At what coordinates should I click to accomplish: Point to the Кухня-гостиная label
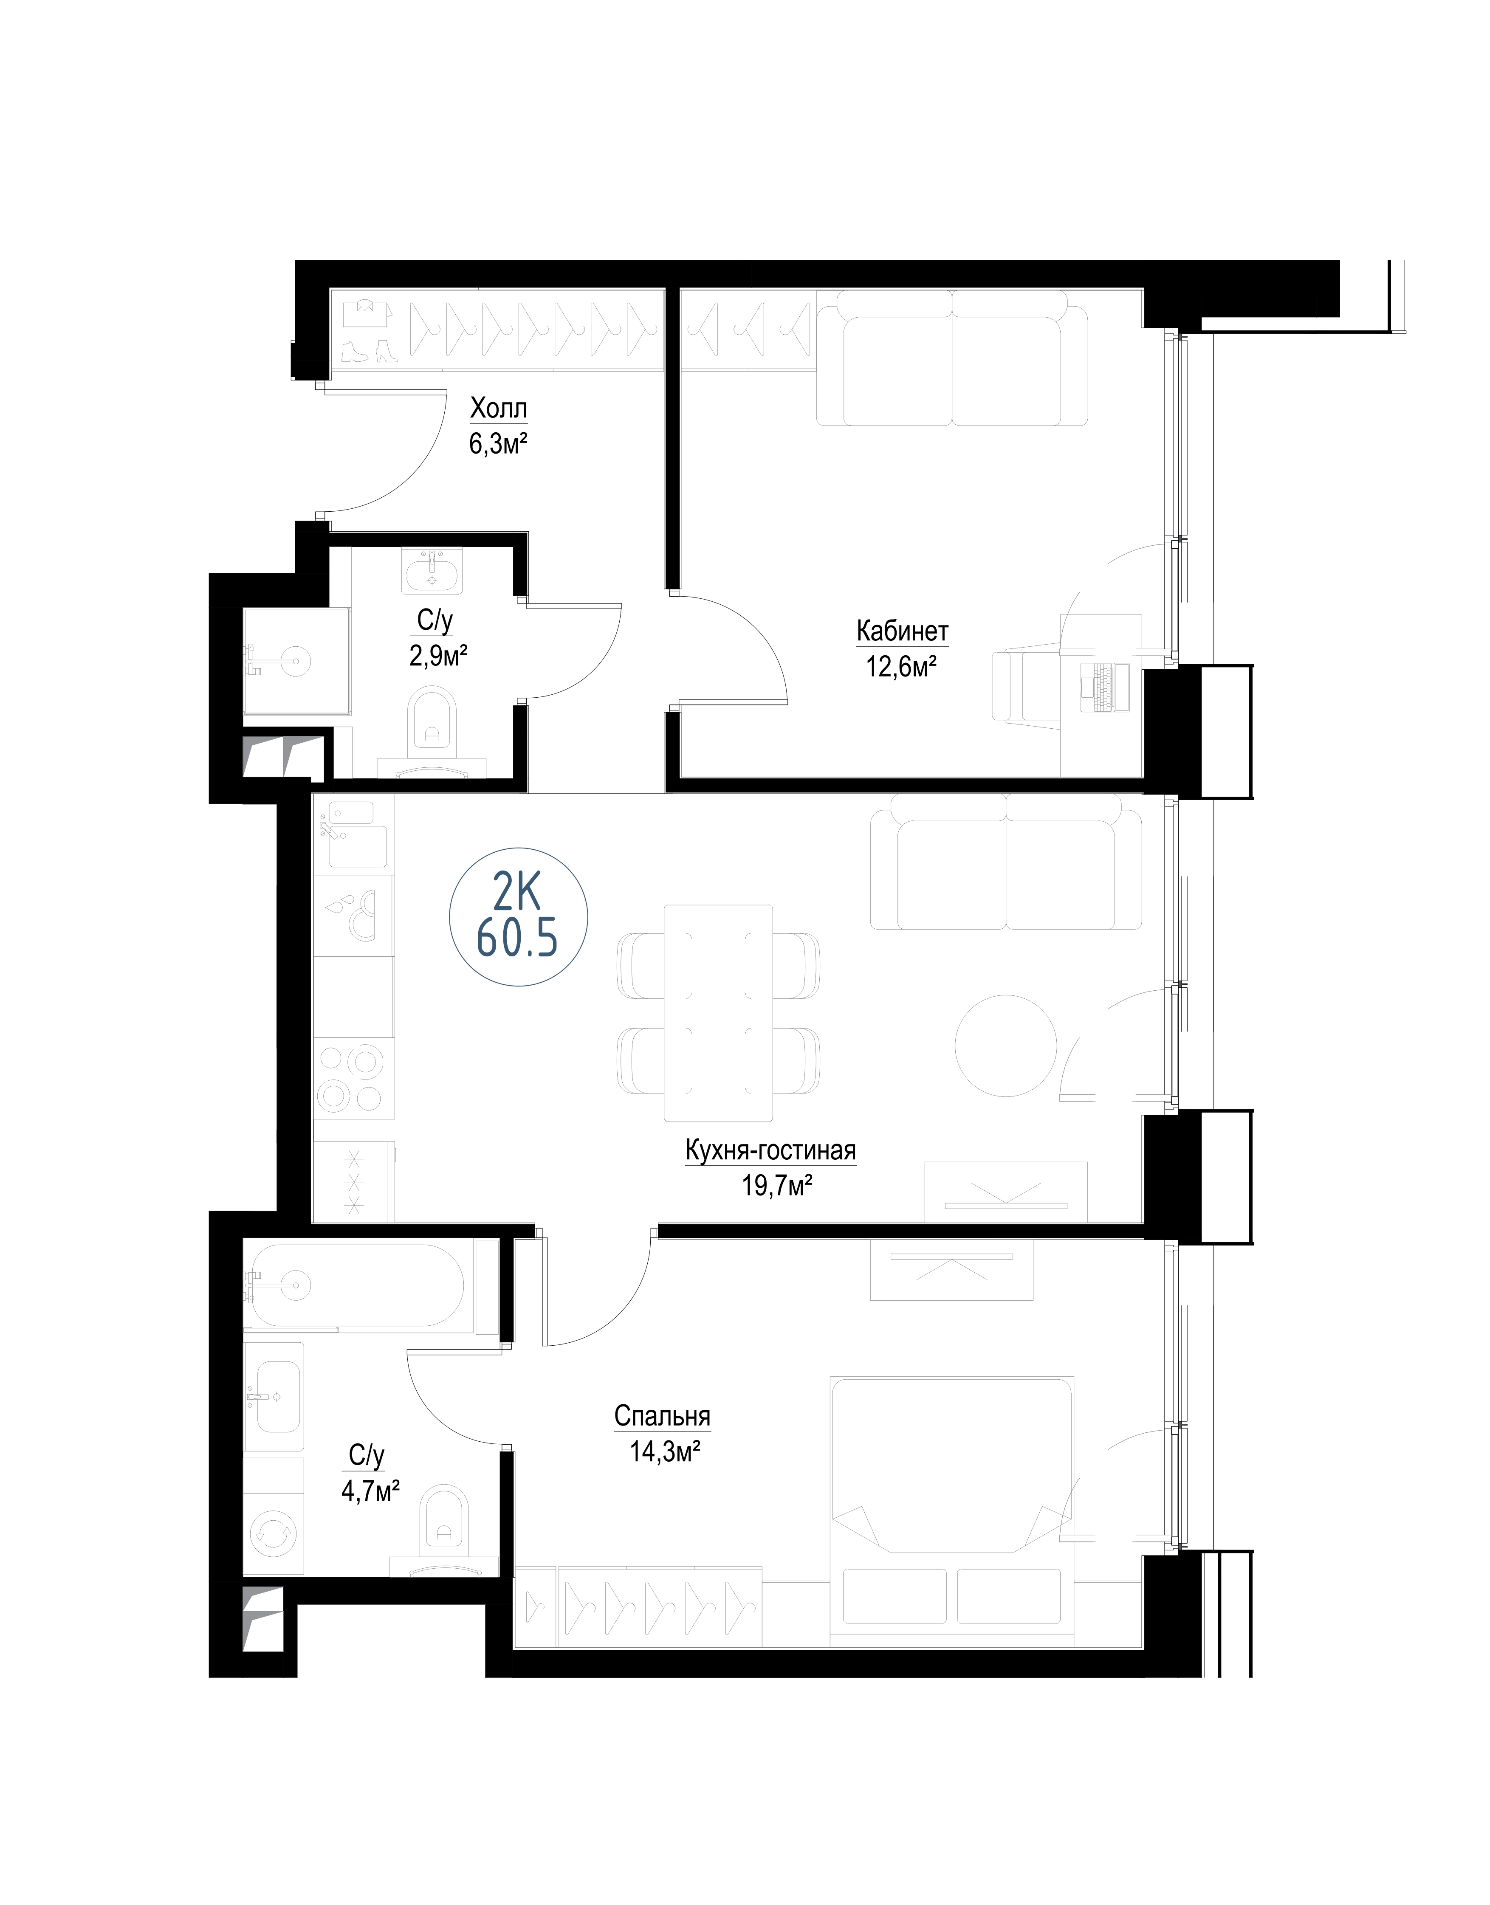(770, 1150)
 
